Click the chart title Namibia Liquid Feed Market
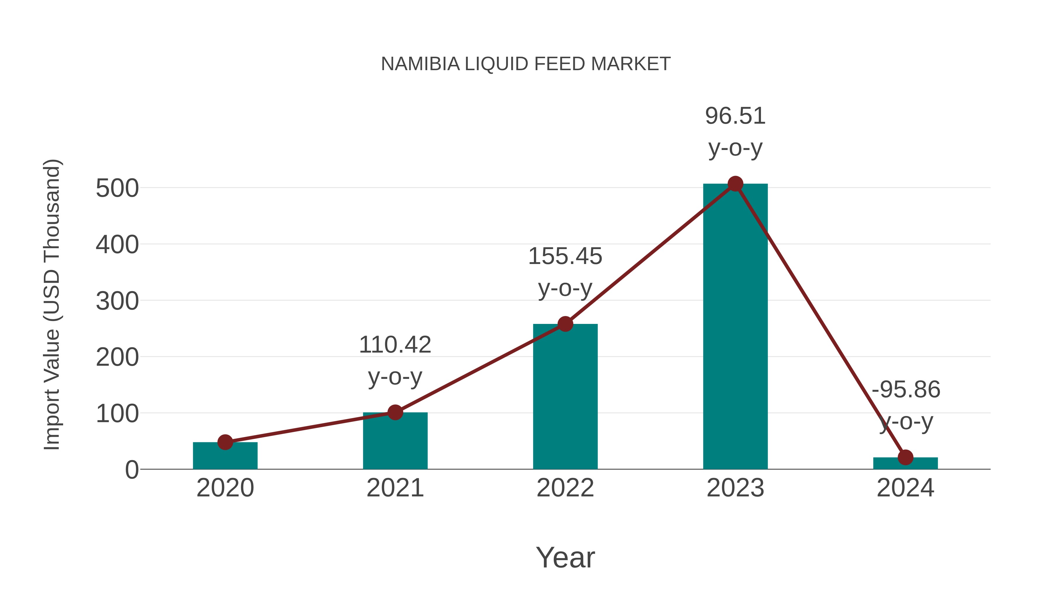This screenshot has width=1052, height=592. (x=526, y=64)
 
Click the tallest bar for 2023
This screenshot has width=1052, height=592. (x=735, y=327)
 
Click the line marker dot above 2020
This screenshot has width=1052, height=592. (x=225, y=442)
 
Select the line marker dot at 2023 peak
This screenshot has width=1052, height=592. (x=735, y=184)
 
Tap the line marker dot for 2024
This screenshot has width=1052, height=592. (x=905, y=457)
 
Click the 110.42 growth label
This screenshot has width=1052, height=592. (x=395, y=345)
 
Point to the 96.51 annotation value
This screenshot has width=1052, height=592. (x=735, y=116)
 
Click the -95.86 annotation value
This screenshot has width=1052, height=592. (x=906, y=389)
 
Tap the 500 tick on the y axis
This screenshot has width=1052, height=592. (x=117, y=189)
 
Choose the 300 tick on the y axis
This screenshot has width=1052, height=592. (x=117, y=301)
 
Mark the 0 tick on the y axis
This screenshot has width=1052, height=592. (x=131, y=470)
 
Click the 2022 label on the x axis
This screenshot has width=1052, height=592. (x=565, y=488)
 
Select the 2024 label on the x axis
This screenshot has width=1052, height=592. (x=905, y=488)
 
